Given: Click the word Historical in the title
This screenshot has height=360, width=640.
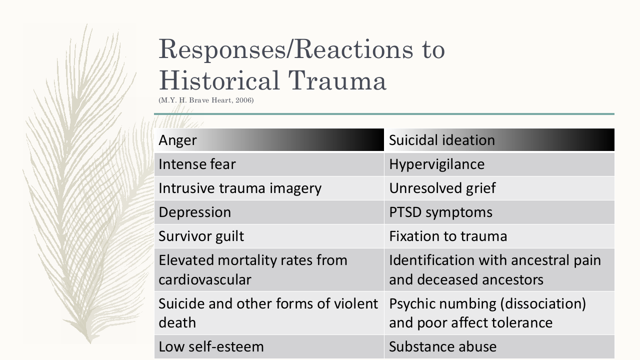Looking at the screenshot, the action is (219, 80).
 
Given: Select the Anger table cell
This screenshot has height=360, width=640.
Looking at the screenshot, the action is (269, 139).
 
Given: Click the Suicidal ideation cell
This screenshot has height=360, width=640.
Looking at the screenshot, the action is (499, 139).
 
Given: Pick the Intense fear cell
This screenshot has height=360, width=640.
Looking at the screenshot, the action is (269, 164).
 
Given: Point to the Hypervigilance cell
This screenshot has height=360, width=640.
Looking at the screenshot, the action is (499, 164).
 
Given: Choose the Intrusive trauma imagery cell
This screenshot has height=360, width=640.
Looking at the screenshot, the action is (269, 188).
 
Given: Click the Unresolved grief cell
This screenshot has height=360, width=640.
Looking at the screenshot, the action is (499, 188).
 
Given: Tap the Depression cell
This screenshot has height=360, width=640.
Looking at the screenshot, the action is (269, 212).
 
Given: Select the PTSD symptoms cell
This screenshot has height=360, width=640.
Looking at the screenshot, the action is (499, 212).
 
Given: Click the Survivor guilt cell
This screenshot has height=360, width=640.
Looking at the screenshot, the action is (269, 236).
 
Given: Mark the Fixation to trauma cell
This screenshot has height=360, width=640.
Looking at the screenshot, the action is (499, 236).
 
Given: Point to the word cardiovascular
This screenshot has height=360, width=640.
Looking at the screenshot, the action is (205, 279).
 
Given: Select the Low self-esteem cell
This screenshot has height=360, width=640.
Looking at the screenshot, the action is (269, 347).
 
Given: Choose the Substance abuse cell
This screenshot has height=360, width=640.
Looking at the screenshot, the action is (499, 347).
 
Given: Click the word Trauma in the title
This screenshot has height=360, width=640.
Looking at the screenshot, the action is (337, 80).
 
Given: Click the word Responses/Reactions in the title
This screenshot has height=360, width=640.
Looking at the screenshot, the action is (285, 49).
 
